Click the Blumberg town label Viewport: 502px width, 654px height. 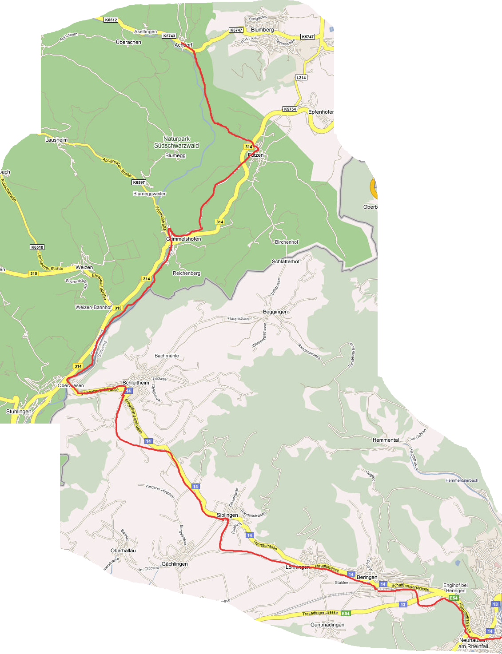[x=262, y=30]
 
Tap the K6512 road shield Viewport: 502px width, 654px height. [x=111, y=20]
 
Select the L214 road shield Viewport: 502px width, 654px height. [x=301, y=78]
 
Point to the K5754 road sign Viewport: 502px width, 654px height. [x=290, y=109]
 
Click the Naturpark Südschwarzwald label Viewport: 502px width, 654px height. [x=176, y=142]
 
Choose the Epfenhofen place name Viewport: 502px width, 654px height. [x=321, y=112]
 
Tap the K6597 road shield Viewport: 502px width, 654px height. [x=139, y=182]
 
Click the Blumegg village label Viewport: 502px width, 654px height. [x=175, y=155]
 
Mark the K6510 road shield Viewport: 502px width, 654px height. [x=37, y=247]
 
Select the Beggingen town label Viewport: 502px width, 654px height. [x=275, y=312]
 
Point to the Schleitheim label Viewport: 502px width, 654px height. [x=136, y=383]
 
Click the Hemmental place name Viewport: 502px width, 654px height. [x=386, y=440]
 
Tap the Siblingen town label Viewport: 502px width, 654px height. [x=227, y=515]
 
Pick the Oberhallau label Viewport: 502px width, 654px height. [x=123, y=551]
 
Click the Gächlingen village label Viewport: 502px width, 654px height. [x=175, y=564]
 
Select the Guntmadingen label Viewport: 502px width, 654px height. [x=327, y=625]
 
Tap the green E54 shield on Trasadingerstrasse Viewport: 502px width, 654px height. [x=346, y=613]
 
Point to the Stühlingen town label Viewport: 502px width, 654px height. [x=19, y=412]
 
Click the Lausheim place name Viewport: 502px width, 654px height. [x=56, y=140]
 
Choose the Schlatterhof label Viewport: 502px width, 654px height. [x=286, y=262]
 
